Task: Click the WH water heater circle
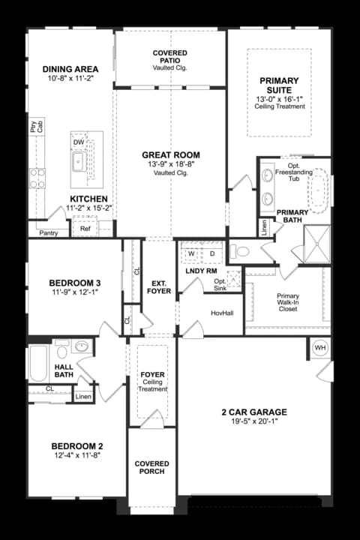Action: (x=320, y=348)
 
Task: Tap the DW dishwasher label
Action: (x=79, y=142)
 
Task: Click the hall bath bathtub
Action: (x=38, y=363)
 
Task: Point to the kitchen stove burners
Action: (x=37, y=178)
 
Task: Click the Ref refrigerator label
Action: (x=85, y=228)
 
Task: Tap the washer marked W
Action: (x=191, y=253)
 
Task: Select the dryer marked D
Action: (x=212, y=253)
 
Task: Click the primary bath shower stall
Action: (x=317, y=244)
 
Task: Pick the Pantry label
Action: (x=49, y=233)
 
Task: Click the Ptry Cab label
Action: (x=37, y=127)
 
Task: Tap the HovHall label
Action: (x=222, y=313)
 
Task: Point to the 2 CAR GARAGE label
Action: (x=254, y=412)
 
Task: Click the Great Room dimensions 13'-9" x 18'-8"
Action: (x=171, y=164)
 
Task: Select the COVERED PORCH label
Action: (x=152, y=467)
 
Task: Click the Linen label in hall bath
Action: (x=83, y=397)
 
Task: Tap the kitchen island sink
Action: (x=79, y=162)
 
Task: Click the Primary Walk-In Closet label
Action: (x=288, y=302)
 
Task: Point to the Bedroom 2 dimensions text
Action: (x=76, y=455)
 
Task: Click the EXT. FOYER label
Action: (x=159, y=287)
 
